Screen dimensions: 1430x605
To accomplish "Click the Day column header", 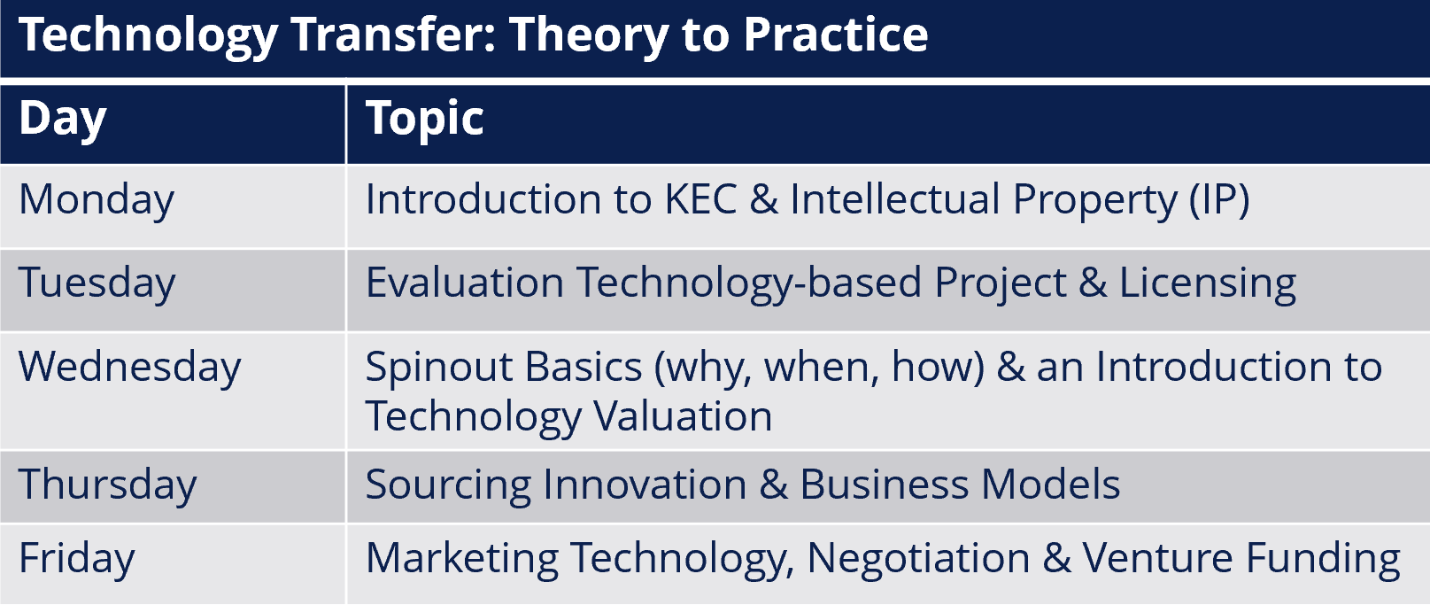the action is tap(63, 120).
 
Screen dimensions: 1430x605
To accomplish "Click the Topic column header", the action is tap(424, 120).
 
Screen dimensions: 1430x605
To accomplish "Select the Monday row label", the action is tap(97, 200).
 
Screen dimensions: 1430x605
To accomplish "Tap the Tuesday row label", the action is tap(97, 283).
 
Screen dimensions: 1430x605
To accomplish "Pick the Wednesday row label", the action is tap(130, 368).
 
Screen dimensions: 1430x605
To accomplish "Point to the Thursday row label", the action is tap(108, 485).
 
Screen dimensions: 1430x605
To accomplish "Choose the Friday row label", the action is tap(77, 559).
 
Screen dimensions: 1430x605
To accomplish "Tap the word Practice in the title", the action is tap(836, 35).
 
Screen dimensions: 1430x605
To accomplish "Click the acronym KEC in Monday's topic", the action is tap(701, 199).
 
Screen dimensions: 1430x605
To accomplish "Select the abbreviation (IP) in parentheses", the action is tap(1218, 200).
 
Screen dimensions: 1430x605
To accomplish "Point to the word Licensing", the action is tap(1208, 283).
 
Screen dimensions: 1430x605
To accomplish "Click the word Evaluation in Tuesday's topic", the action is tap(465, 283).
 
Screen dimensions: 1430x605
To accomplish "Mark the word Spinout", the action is tap(439, 368).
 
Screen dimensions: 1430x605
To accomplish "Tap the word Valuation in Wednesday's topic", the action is tap(683, 416).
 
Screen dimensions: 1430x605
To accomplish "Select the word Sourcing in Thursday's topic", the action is tap(448, 485).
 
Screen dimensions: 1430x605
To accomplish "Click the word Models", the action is tap(1051, 485).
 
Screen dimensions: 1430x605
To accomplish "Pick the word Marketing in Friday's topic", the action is tap(461, 559).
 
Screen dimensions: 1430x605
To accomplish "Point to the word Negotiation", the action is tap(918, 559).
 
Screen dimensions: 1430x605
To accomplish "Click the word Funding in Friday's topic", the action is tap(1323, 559).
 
